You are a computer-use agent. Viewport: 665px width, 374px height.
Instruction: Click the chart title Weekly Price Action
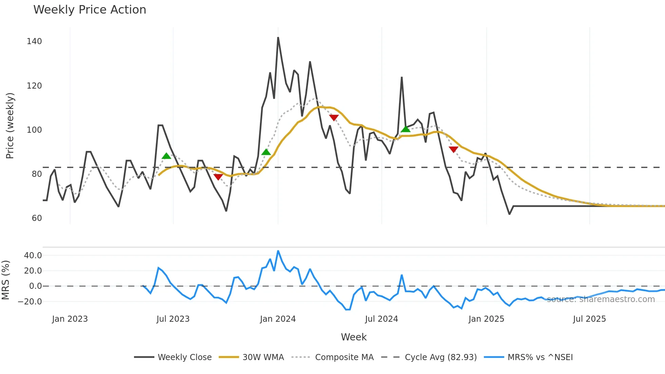(x=90, y=10)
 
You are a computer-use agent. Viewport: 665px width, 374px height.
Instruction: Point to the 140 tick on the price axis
(x=34, y=41)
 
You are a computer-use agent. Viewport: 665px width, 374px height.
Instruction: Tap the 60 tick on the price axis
(x=37, y=218)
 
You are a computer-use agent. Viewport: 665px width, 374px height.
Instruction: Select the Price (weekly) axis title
(x=10, y=126)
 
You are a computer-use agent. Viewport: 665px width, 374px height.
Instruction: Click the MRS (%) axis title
(x=5, y=280)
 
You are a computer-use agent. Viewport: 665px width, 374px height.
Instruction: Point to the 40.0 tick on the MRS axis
(x=33, y=256)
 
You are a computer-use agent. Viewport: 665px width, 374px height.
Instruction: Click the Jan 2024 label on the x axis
(x=278, y=319)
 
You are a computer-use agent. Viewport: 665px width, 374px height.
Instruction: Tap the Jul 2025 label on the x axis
(x=589, y=319)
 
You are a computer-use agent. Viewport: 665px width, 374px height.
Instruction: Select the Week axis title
(x=354, y=337)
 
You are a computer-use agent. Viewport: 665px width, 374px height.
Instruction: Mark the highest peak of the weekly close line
(x=278, y=38)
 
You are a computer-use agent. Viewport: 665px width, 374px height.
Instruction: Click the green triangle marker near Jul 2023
(x=166, y=156)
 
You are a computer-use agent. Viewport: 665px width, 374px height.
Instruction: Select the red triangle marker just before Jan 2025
(x=453, y=149)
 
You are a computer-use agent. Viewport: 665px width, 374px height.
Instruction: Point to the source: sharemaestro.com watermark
(x=601, y=299)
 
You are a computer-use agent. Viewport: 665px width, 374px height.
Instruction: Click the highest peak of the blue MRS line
(x=278, y=251)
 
